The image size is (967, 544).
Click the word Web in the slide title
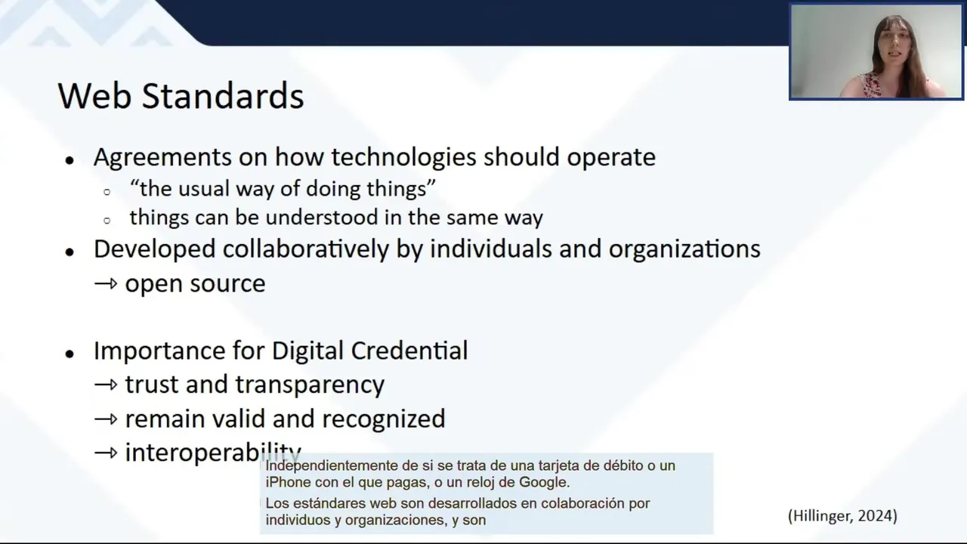point(94,95)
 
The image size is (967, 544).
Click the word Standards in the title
point(223,95)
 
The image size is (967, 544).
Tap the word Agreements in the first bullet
point(162,157)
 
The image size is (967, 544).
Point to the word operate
point(611,158)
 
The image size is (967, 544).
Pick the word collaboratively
point(306,249)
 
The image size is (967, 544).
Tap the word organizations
point(684,249)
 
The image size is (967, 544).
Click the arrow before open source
point(106,283)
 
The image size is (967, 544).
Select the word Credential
point(409,350)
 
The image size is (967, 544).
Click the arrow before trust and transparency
point(106,385)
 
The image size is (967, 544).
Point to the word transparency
point(310,385)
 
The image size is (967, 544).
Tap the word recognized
point(383,419)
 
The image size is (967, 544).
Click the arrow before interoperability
point(106,453)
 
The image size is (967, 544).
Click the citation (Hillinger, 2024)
point(842,516)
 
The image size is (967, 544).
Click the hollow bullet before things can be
point(107,221)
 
